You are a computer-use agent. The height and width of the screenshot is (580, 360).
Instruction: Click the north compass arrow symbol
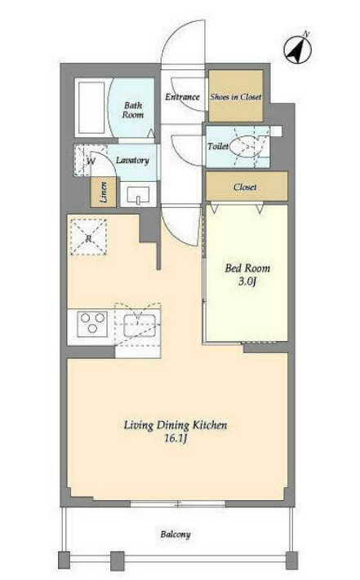pyautogui.click(x=298, y=48)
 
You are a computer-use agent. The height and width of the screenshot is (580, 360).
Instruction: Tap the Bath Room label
pyautogui.click(x=133, y=110)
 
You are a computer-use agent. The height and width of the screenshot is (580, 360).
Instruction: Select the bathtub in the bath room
pyautogui.click(x=91, y=108)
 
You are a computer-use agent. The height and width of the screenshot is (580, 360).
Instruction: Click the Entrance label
pyautogui.click(x=182, y=97)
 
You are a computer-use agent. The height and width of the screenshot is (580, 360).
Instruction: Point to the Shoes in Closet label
pyautogui.click(x=236, y=97)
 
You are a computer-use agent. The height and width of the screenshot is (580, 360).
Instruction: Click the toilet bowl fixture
pyautogui.click(x=245, y=147)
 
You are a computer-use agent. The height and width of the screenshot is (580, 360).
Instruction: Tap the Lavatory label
pyautogui.click(x=132, y=160)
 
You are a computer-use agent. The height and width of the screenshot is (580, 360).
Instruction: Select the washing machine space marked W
pyautogui.click(x=86, y=161)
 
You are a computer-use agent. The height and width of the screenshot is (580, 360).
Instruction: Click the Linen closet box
pyautogui.click(x=104, y=192)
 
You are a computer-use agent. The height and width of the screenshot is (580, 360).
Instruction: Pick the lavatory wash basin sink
pyautogui.click(x=138, y=195)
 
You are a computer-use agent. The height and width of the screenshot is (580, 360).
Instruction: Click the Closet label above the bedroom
pyautogui.click(x=245, y=187)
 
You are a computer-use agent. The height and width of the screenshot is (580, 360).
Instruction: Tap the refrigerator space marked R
pyautogui.click(x=88, y=237)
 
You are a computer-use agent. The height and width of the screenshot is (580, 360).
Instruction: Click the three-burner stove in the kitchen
pyautogui.click(x=92, y=324)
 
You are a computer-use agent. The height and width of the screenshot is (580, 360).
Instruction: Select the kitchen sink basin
pyautogui.click(x=139, y=325)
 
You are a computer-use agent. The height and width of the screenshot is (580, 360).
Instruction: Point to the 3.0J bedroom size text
pyautogui.click(x=247, y=282)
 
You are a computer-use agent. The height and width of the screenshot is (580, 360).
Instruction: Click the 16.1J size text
pyautogui.click(x=176, y=439)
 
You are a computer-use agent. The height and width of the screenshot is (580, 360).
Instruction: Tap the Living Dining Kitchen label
pyautogui.click(x=176, y=425)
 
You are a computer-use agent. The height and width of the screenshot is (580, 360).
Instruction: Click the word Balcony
pyautogui.click(x=176, y=534)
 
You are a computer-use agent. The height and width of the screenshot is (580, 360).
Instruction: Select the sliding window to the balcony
pyautogui.click(x=178, y=503)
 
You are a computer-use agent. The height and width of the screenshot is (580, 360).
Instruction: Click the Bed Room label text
pyautogui.click(x=247, y=268)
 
